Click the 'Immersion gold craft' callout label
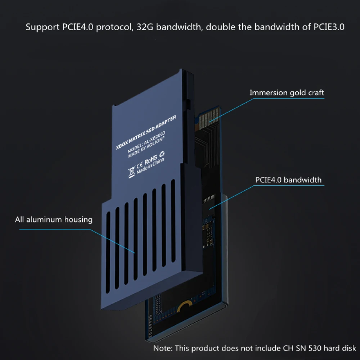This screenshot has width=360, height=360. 287,93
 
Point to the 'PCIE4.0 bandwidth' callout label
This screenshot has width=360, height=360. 288,180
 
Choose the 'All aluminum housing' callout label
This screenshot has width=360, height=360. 54,219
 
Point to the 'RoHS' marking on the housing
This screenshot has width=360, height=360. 151,159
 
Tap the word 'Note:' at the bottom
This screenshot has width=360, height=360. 164,348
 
